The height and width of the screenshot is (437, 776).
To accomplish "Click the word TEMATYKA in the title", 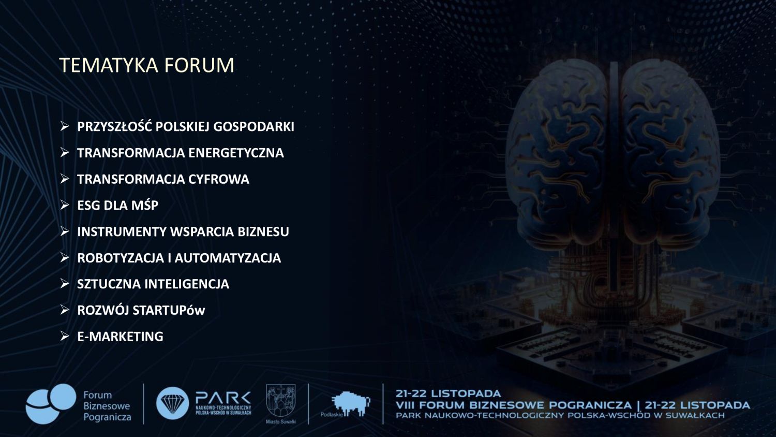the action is (109, 65).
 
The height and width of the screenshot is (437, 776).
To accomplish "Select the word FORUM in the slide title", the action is (199, 65).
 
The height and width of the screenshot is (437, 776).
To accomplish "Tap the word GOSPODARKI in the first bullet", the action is (253, 127).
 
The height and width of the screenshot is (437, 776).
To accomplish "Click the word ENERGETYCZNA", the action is (236, 153).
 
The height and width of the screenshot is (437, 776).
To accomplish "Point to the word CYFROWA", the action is (219, 179).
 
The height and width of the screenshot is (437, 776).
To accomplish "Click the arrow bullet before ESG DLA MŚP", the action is (65, 205).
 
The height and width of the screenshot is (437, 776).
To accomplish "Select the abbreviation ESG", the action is (88, 206).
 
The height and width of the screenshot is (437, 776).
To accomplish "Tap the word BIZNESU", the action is (263, 231).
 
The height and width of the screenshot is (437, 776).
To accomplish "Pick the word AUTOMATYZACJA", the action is (228, 258).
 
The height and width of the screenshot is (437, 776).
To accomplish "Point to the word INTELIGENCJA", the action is (187, 284).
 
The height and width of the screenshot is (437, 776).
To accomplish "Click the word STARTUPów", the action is (168, 311).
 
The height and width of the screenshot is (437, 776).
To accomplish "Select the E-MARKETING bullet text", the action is (120, 337).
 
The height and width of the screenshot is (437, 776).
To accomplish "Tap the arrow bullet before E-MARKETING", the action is (65, 336).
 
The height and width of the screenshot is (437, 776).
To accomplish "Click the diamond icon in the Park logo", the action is (172, 403).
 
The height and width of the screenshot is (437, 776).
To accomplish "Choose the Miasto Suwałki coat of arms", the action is (280, 401).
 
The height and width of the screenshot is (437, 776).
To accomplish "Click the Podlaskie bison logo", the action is (351, 404).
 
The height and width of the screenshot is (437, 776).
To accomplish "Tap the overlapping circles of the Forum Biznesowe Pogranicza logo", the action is (51, 404).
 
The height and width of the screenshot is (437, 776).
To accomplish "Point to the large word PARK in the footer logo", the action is (223, 398).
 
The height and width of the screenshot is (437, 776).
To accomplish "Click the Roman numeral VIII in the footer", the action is (405, 405).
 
